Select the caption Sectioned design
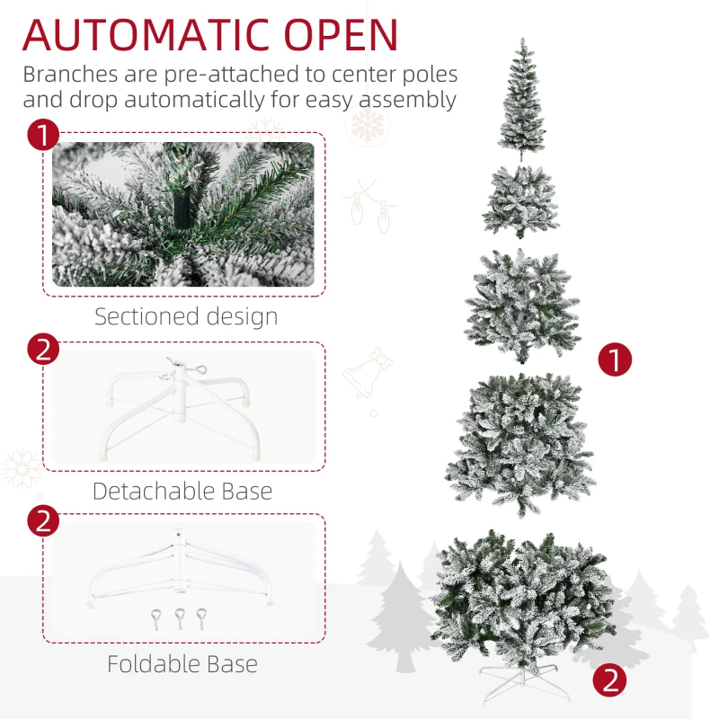[x=186, y=316]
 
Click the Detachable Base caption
[x=182, y=491]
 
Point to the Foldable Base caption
[x=182, y=664]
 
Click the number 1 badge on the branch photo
[x=42, y=137]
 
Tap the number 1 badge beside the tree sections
[x=616, y=360]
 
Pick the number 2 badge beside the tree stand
[x=611, y=680]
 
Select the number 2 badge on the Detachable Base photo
[x=42, y=348]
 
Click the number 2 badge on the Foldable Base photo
[x=42, y=520]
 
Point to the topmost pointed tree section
[x=522, y=99]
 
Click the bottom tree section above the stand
[x=522, y=593]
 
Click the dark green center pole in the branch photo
[x=184, y=209]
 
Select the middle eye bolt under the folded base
[x=181, y=617]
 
